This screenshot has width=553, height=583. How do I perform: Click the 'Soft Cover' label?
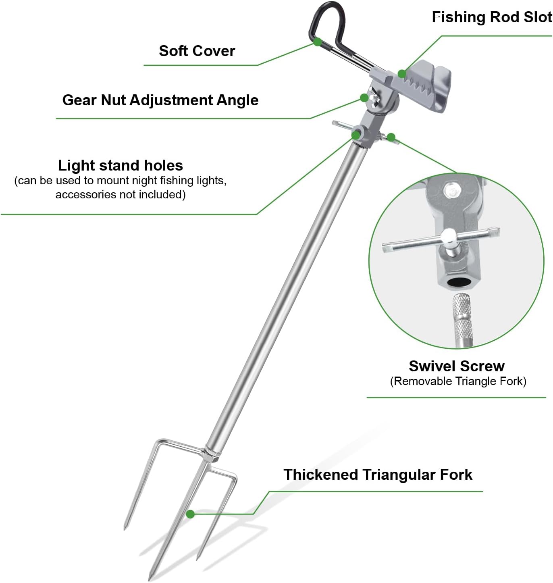coord(197,51)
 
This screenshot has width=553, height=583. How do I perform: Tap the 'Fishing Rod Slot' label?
coord(492,17)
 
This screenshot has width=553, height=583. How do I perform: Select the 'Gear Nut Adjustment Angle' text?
coord(160,100)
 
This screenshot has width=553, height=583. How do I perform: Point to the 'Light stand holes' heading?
coord(120,165)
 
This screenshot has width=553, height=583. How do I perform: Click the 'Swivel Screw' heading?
coord(456,366)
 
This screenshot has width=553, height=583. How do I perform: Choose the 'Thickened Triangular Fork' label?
coord(377,475)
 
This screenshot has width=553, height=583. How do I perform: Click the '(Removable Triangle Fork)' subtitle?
coord(458,381)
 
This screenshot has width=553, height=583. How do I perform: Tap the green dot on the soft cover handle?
coord(317,42)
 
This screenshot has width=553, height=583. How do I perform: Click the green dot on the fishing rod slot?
coord(402,74)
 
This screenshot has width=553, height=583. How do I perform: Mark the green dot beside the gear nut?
coord(364,98)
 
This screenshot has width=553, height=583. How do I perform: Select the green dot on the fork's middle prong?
coord(190,514)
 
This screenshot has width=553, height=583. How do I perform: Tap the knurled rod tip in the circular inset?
coord(462,320)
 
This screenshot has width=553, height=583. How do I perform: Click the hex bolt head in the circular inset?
coord(452,190)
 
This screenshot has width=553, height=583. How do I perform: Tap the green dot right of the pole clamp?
coord(391,137)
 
